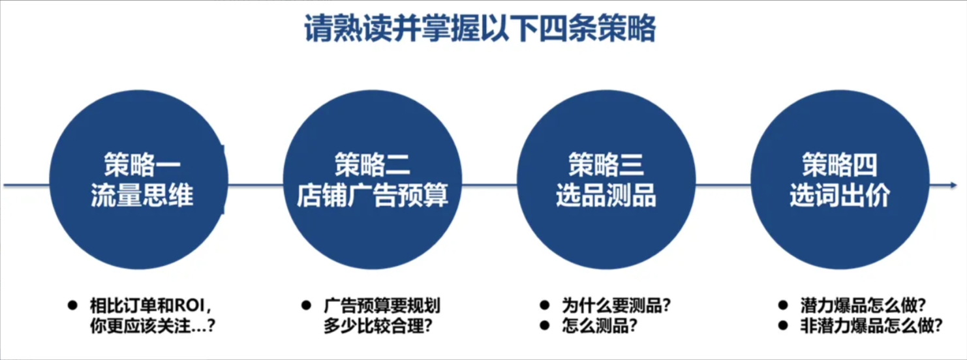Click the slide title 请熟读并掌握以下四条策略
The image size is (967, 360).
[x=480, y=29]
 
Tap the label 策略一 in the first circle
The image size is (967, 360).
[x=142, y=164]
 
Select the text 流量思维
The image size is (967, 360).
[x=142, y=195]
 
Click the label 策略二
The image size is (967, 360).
[x=372, y=164]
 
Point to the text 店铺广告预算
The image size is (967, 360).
[x=372, y=195]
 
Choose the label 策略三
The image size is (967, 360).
[x=606, y=164]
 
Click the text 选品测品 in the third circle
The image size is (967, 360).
[x=606, y=195]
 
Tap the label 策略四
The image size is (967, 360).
[x=840, y=164]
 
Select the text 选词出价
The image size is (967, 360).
[x=840, y=195]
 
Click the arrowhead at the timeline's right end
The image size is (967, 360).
[x=953, y=185]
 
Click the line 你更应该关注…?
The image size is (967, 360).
[x=153, y=325]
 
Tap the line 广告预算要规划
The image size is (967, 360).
[x=382, y=306]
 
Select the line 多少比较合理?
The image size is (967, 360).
[x=378, y=325]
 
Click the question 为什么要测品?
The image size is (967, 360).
[x=617, y=306]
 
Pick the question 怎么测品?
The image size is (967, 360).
[x=600, y=325]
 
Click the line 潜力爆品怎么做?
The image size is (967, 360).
[x=863, y=306]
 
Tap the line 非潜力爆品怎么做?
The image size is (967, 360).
[x=872, y=325]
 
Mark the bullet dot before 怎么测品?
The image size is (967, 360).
[x=545, y=325]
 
